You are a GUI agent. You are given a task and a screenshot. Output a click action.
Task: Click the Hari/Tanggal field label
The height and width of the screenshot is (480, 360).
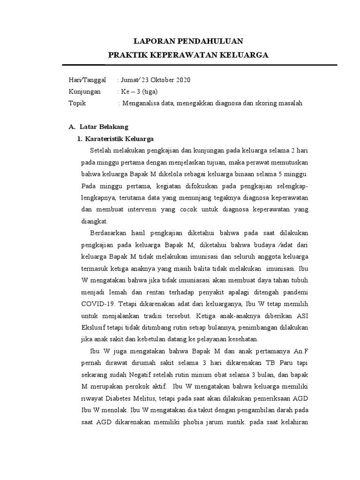tap(87, 80)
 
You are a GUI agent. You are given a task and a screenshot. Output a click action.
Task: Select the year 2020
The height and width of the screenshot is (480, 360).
tap(183, 80)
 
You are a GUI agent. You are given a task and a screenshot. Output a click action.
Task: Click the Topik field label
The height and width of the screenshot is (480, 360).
tap(77, 104)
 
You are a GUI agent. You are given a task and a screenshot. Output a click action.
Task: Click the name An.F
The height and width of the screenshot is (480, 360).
tap(301, 352)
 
